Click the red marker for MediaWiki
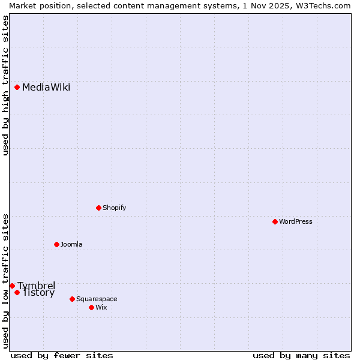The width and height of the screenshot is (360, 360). (17, 88)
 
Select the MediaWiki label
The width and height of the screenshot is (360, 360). (46, 88)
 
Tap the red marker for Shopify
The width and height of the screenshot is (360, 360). (99, 208)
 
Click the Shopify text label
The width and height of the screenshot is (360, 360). (114, 208)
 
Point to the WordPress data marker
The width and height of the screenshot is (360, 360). (275, 222)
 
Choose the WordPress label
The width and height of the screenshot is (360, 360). (296, 222)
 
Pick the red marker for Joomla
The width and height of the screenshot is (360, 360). (57, 245)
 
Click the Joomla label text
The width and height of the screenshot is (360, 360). (71, 245)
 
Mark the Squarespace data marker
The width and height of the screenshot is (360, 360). (73, 299)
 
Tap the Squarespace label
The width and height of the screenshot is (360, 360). (97, 299)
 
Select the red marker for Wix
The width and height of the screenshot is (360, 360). (92, 308)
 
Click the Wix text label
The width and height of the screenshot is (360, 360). (101, 308)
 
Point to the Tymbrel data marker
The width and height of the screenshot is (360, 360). (13, 286)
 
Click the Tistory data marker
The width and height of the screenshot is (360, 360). (17, 293)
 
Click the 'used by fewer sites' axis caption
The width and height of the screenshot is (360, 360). (62, 355)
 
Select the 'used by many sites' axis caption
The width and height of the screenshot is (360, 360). (301, 355)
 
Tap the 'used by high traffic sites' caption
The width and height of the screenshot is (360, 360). (5, 85)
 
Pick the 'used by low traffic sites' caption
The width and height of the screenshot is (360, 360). (5, 280)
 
